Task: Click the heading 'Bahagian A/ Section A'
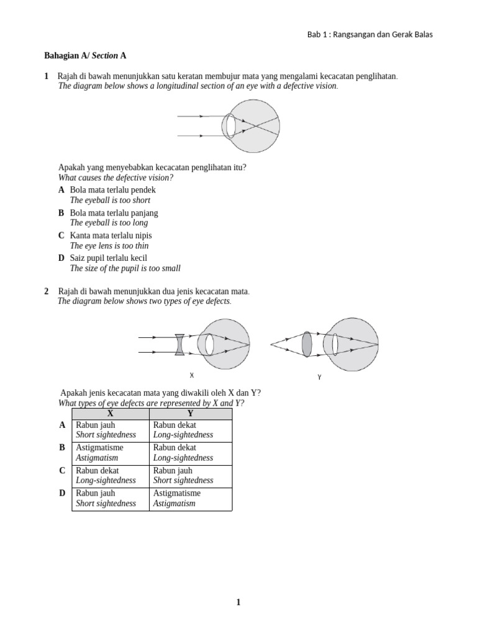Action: (x=85, y=56)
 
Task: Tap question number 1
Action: (x=46, y=76)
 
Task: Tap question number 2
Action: (x=46, y=291)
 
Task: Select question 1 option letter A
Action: (x=61, y=190)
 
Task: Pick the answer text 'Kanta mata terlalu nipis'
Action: (x=111, y=235)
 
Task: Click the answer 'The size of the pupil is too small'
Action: (x=125, y=268)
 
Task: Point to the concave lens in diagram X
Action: (x=179, y=345)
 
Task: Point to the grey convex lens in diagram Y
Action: (x=307, y=344)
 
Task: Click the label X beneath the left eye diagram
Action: (x=192, y=376)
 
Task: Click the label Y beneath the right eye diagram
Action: (x=319, y=377)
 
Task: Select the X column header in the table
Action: (x=111, y=414)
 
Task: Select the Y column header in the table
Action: (x=190, y=414)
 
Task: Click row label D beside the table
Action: (x=62, y=493)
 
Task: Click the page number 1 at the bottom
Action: (x=238, y=602)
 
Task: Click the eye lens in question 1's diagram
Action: (x=230, y=125)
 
